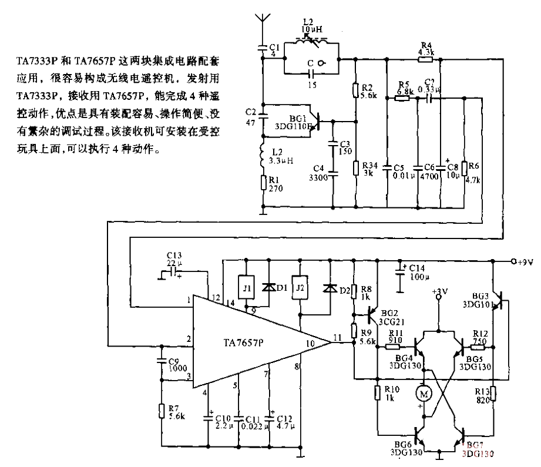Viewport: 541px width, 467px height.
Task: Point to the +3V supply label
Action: (x=438, y=291)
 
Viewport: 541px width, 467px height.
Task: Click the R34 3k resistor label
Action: (x=371, y=169)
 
